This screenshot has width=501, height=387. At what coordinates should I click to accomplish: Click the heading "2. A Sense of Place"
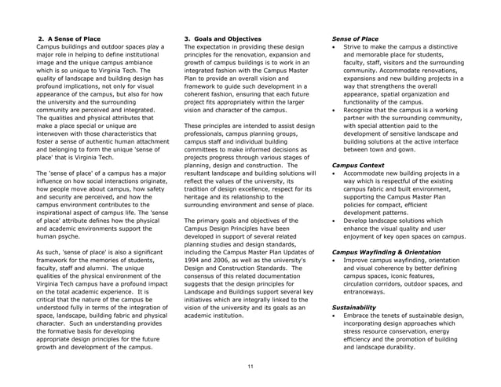pos(70,38)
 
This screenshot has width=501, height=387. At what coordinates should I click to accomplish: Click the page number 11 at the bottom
pos(250,367)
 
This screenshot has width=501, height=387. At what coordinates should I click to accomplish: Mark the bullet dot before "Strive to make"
pos(336,47)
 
